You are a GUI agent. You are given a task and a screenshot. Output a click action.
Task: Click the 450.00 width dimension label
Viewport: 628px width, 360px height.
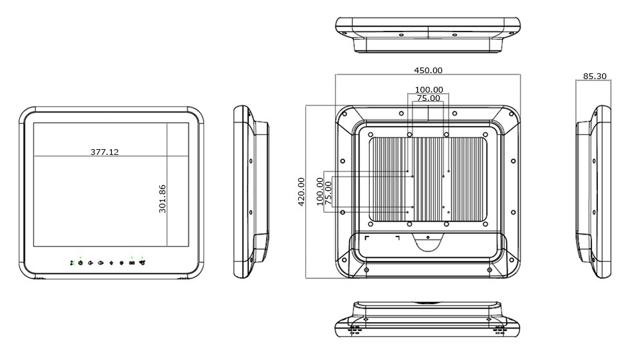tap(428, 70)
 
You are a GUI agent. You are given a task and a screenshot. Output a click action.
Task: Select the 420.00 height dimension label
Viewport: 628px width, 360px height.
tap(301, 192)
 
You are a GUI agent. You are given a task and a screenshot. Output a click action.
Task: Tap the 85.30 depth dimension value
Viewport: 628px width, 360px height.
tap(595, 76)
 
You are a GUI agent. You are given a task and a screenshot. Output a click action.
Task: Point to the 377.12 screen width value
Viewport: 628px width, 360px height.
tap(104, 152)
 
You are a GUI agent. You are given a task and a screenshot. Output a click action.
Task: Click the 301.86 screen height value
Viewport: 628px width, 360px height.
tap(163, 199)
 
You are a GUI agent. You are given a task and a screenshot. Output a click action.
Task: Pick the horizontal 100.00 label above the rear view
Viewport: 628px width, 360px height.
tap(429, 89)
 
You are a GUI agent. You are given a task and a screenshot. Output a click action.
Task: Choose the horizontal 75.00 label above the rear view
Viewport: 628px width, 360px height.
tap(429, 98)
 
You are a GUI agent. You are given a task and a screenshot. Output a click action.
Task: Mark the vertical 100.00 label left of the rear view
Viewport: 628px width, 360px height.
tap(320, 191)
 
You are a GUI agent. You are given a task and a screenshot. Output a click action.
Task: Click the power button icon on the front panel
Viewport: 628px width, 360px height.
tap(80, 262)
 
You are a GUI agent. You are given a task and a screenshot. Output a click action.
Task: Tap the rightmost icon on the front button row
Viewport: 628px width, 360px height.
tap(141, 262)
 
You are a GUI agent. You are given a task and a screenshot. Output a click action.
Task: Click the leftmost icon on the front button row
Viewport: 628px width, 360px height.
tap(71, 262)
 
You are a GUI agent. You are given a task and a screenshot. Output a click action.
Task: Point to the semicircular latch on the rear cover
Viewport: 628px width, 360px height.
tap(427, 242)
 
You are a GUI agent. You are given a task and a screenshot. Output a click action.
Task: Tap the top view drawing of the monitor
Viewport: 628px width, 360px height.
tap(427, 34)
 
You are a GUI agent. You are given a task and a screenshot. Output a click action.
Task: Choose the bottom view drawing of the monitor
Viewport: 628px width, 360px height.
tap(427, 319)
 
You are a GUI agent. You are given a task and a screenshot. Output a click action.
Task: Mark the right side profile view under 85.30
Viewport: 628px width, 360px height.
tap(592, 192)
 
